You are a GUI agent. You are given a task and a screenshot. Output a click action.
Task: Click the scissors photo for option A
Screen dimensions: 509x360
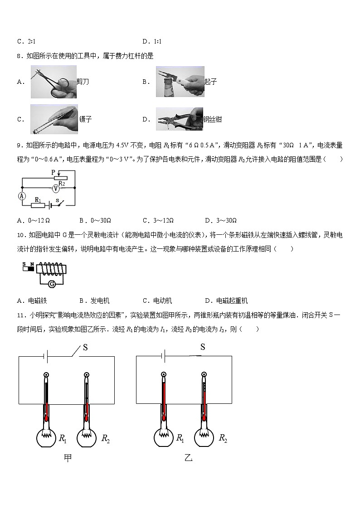pyautogui.click(x=54, y=82)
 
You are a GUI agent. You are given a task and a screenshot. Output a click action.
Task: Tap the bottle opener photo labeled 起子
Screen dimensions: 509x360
pyautogui.click(x=180, y=82)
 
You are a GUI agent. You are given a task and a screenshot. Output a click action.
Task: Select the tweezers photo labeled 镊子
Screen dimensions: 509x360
pyautogui.click(x=54, y=119)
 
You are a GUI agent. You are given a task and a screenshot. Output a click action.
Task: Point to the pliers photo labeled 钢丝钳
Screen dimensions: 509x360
pyautogui.click(x=179, y=119)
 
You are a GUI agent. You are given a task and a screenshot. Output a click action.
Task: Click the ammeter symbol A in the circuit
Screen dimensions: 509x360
pyautogui.click(x=21, y=196)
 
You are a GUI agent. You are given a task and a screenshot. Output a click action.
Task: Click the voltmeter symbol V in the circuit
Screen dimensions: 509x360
pyautogui.click(x=55, y=187)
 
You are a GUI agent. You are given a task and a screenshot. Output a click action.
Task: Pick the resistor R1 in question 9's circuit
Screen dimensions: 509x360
pyautogui.click(x=38, y=205)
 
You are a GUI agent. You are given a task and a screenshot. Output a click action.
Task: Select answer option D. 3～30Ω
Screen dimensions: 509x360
pyautogui.click(x=220, y=221)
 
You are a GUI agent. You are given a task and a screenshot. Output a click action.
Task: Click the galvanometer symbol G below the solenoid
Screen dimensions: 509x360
pyautogui.click(x=52, y=284)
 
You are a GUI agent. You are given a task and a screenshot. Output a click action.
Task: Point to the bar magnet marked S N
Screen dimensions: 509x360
pyautogui.click(x=28, y=267)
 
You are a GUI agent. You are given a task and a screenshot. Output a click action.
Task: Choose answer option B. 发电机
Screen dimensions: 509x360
pyautogui.click(x=94, y=301)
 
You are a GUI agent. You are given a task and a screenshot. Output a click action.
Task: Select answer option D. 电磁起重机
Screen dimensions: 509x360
pyautogui.click(x=226, y=301)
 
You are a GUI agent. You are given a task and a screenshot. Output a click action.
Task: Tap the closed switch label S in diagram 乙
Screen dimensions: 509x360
pyautogui.click(x=203, y=347)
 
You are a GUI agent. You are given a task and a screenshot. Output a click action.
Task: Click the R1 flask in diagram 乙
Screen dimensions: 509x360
pyautogui.click(x=163, y=437)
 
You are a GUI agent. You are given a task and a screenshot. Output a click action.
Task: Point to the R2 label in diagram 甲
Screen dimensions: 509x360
pyautogui.click(x=105, y=438)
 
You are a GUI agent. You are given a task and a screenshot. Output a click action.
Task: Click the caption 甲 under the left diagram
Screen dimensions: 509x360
pyautogui.click(x=68, y=458)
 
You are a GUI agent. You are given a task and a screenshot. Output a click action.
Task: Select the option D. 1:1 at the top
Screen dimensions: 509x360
pyautogui.click(x=152, y=42)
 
